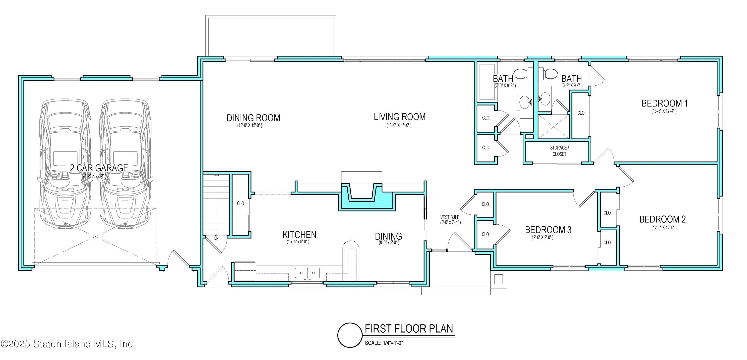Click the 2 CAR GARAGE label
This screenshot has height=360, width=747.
99,168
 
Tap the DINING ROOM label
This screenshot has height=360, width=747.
253,118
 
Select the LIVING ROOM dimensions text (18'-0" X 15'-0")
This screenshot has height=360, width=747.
399,125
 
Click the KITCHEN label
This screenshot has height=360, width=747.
299,235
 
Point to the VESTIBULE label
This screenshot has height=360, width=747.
450,217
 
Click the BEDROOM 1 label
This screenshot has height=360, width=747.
664,103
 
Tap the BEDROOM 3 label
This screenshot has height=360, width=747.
548,230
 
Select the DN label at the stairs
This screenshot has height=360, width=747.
216,238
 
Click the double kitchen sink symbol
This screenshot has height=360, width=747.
307,273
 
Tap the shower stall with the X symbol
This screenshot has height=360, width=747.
554,126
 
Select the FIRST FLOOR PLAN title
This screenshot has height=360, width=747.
409,329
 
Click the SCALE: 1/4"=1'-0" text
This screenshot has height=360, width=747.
384,343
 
